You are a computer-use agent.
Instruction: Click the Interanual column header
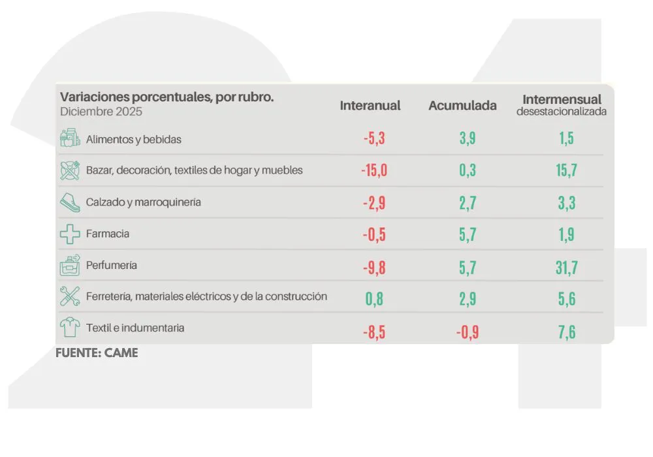pyautogui.click(x=370, y=106)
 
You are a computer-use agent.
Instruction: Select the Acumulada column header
pyautogui.click(x=462, y=106)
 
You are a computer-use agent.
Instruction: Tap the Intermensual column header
pyautogui.click(x=562, y=100)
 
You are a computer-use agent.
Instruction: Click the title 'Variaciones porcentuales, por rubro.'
pyautogui.click(x=167, y=97)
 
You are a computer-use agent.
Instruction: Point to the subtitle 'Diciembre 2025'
pyautogui.click(x=101, y=112)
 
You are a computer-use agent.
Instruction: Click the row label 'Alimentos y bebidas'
pyautogui.click(x=133, y=139)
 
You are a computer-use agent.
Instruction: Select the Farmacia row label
pyautogui.click(x=107, y=234)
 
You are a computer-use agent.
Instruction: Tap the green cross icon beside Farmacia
pyautogui.click(x=70, y=234)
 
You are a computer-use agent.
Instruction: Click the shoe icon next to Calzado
pyautogui.click(x=70, y=202)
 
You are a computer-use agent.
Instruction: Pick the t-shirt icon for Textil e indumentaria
pyautogui.click(x=70, y=327)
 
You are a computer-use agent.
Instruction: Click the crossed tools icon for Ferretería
pyautogui.click(x=70, y=296)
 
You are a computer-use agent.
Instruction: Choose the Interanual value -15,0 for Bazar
pyautogui.click(x=374, y=171)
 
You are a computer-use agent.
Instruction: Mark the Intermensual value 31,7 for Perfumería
pyautogui.click(x=566, y=268)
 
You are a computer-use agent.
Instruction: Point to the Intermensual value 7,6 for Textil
pyautogui.click(x=566, y=332)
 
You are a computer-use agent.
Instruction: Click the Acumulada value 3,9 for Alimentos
pyautogui.click(x=468, y=139)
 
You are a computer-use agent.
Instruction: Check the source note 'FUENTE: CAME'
pyautogui.click(x=97, y=353)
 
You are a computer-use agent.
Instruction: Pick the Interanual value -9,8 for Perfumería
pyautogui.click(x=374, y=268)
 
